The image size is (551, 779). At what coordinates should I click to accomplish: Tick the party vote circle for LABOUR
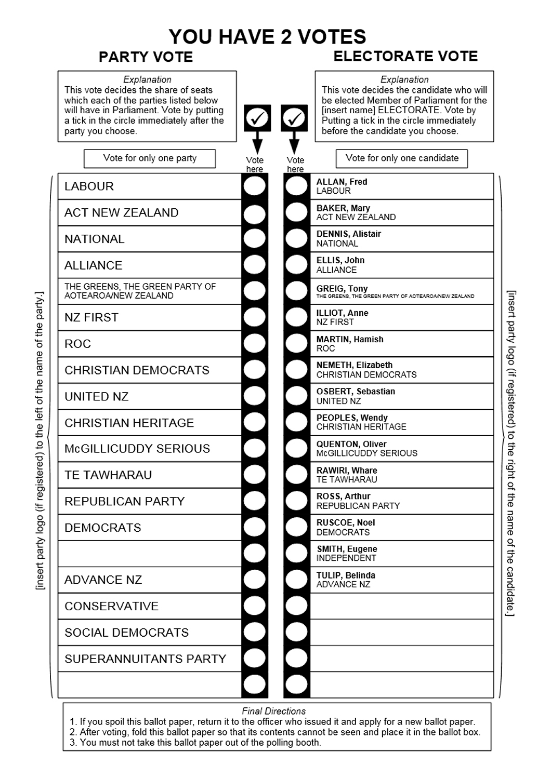[255, 186]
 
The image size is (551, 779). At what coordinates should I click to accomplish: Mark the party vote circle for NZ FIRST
[255, 317]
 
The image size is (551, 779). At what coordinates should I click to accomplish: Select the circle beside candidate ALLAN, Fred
[297, 186]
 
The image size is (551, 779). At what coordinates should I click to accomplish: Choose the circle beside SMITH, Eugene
[297, 554]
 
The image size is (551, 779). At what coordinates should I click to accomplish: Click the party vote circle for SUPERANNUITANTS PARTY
[255, 659]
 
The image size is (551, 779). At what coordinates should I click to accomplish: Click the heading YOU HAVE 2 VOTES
[267, 37]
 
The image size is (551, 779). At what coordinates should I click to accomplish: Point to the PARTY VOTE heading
[146, 57]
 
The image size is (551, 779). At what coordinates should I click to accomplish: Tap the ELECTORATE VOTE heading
[405, 57]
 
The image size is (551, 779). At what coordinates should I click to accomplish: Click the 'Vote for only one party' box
[150, 158]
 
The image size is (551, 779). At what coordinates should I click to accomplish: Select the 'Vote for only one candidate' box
[402, 158]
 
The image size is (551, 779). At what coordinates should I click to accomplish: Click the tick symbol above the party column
[256, 118]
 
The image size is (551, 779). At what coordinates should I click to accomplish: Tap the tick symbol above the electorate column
[295, 118]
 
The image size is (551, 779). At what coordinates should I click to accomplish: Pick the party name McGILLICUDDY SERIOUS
[137, 449]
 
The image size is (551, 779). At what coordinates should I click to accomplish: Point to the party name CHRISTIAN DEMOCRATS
[137, 370]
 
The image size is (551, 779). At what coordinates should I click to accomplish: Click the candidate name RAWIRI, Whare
[347, 471]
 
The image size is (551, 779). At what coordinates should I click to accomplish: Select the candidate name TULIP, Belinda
[346, 575]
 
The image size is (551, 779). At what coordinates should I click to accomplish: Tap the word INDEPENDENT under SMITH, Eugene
[346, 558]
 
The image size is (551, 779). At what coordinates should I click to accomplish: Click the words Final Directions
[274, 711]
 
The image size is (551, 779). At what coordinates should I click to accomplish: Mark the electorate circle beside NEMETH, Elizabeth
[297, 370]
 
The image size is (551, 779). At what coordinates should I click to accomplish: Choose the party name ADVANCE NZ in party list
[103, 580]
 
